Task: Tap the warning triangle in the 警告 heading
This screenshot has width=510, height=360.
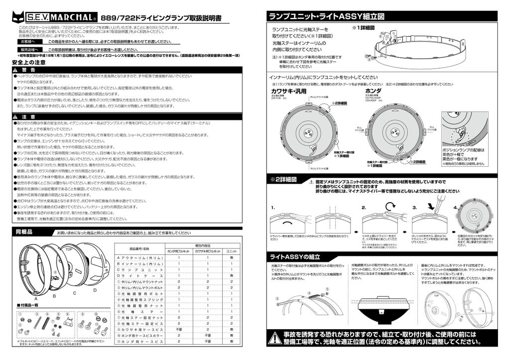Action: [x=16, y=69]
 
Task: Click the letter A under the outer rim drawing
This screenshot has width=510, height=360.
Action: [x=36, y=297]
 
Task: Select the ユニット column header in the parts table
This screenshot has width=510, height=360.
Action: [x=231, y=252]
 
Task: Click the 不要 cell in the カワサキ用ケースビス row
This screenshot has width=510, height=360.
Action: [x=179, y=329]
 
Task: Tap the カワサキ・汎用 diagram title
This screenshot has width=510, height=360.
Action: [x=288, y=92]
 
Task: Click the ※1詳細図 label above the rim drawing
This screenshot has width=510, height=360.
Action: [x=363, y=28]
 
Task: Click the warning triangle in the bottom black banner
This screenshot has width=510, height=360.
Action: [x=273, y=339]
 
